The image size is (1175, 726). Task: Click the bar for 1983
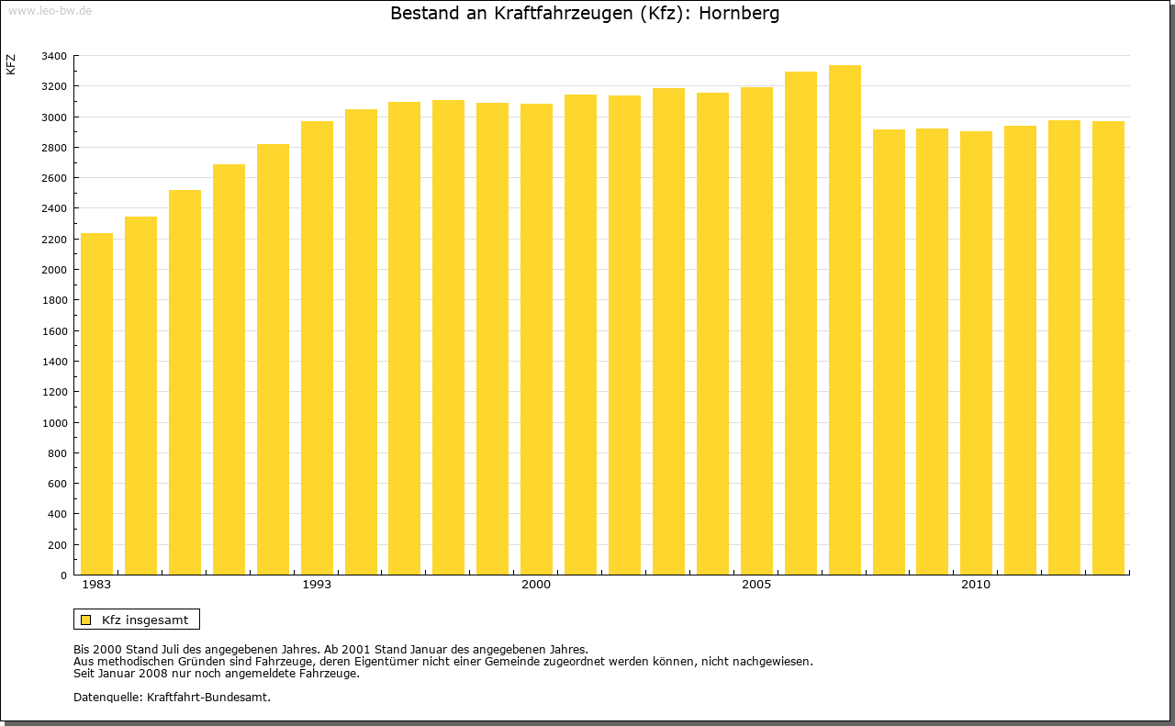(x=96, y=404)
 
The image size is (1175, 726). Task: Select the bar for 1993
(x=317, y=348)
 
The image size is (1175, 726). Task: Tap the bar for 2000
(x=536, y=340)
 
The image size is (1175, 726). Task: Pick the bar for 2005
(x=756, y=331)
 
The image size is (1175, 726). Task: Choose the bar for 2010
(x=976, y=353)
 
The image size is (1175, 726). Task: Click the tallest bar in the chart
(x=845, y=320)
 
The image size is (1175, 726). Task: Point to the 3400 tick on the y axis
(x=54, y=56)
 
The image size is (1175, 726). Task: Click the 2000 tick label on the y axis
(x=54, y=270)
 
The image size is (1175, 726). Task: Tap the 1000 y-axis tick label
(x=54, y=423)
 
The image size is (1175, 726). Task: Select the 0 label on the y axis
(x=63, y=575)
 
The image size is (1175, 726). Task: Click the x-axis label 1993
(x=317, y=585)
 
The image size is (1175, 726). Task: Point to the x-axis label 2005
(x=756, y=585)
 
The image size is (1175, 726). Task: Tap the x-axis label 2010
(x=976, y=585)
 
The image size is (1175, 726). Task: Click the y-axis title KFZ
(x=11, y=64)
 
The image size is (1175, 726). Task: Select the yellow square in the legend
(x=85, y=620)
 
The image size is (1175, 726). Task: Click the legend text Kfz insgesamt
(x=145, y=620)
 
